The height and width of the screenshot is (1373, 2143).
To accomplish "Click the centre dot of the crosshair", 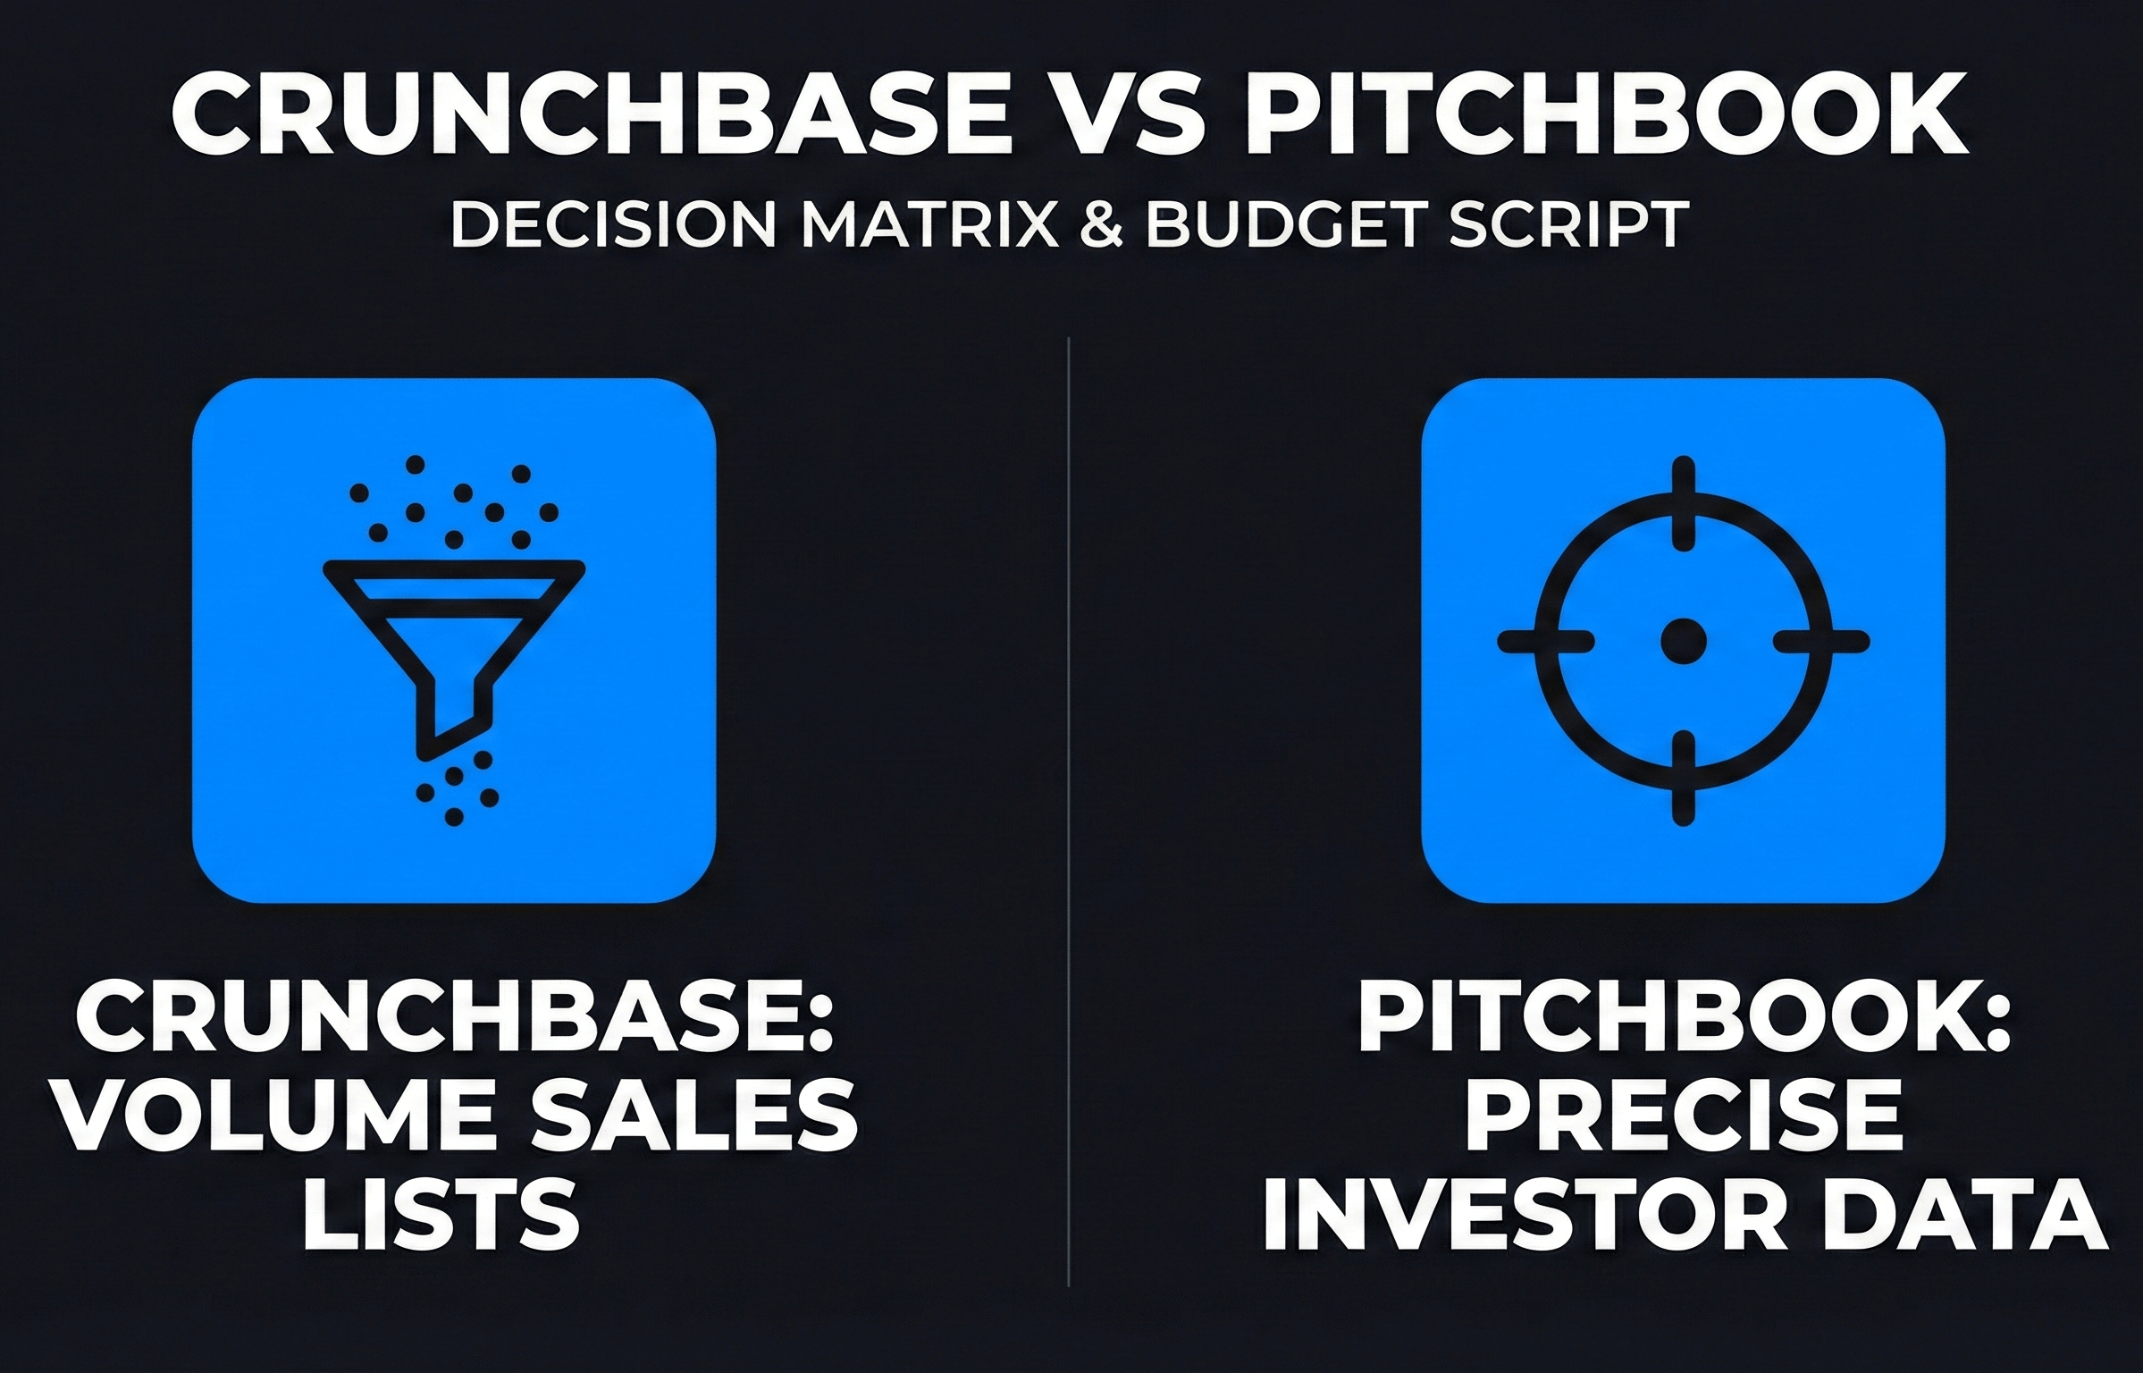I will [1683, 641].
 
